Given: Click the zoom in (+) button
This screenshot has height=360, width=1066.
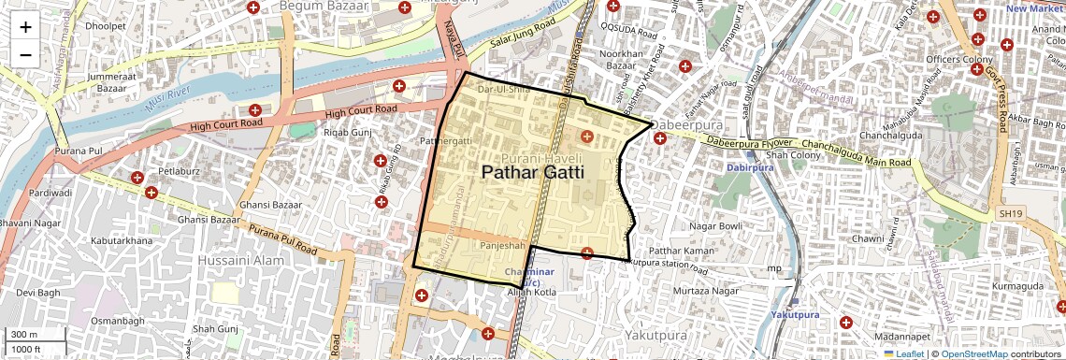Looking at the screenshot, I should point(25,27).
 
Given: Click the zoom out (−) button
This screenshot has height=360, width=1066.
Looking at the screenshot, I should point(25,54).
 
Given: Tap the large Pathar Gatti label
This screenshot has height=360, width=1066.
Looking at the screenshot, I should point(532,172).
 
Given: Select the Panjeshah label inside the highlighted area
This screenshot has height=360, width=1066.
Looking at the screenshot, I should point(502,245).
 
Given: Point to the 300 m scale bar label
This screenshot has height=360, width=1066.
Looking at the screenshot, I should point(24,335).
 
